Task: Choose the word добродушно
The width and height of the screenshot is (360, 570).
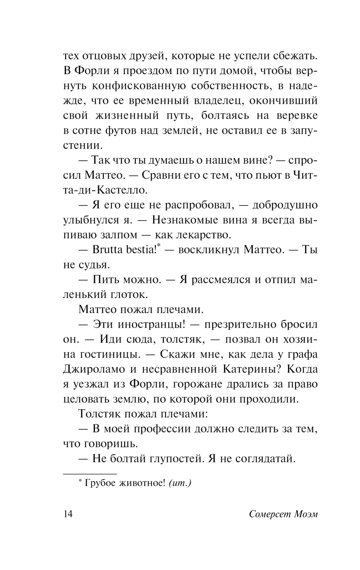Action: (285, 205)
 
